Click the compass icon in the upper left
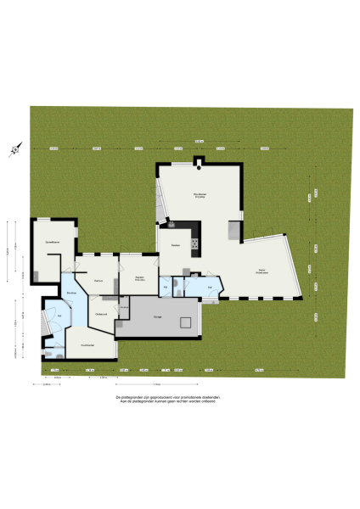tap(14, 150)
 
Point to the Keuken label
tap(176, 245)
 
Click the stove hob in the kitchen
tap(194, 245)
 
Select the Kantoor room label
tap(98, 281)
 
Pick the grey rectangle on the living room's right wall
tap(233, 230)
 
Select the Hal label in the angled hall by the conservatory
tap(210, 288)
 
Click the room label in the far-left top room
tap(53, 243)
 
